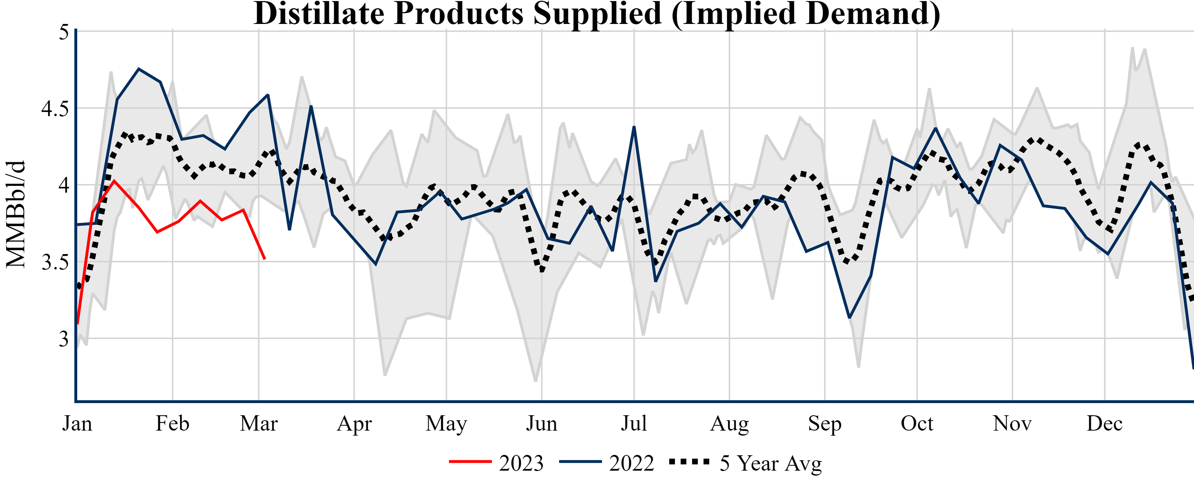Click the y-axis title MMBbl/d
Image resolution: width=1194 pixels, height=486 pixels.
tap(16, 214)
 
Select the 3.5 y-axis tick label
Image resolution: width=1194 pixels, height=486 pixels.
tap(55, 263)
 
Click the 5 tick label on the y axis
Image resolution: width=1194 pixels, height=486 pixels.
tap(64, 33)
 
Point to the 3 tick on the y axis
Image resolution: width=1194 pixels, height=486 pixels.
tap(64, 339)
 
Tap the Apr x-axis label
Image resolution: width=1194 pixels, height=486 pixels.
tap(355, 423)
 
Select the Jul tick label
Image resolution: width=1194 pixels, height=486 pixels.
tap(633, 423)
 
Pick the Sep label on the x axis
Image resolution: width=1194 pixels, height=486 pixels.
tap(825, 423)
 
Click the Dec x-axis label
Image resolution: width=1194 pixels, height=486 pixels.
tap(1105, 423)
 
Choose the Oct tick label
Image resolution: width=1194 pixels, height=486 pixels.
tap(917, 423)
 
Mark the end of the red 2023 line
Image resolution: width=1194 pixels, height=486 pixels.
tap(265, 258)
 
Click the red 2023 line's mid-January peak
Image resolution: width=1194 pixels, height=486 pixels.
tap(114, 181)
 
